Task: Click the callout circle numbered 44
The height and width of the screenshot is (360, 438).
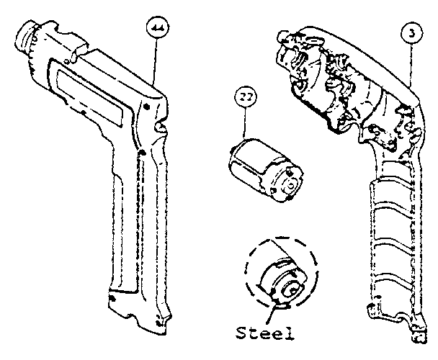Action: [155, 30]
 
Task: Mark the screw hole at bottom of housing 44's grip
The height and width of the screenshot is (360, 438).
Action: [112, 297]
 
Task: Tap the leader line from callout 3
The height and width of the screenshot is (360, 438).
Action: [410, 65]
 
